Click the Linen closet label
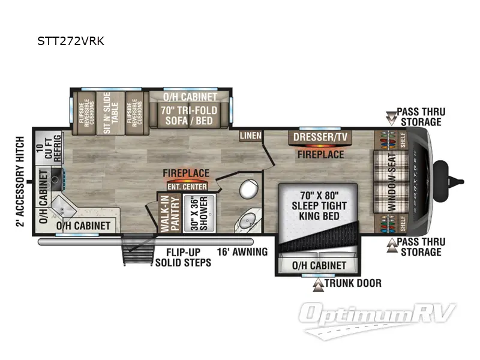pos(250,136)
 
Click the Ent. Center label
pos(187,187)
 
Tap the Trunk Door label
pos(352,283)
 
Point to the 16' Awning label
pos(242,252)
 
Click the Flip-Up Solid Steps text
pos(184,257)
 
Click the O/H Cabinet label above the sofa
pos(190,96)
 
